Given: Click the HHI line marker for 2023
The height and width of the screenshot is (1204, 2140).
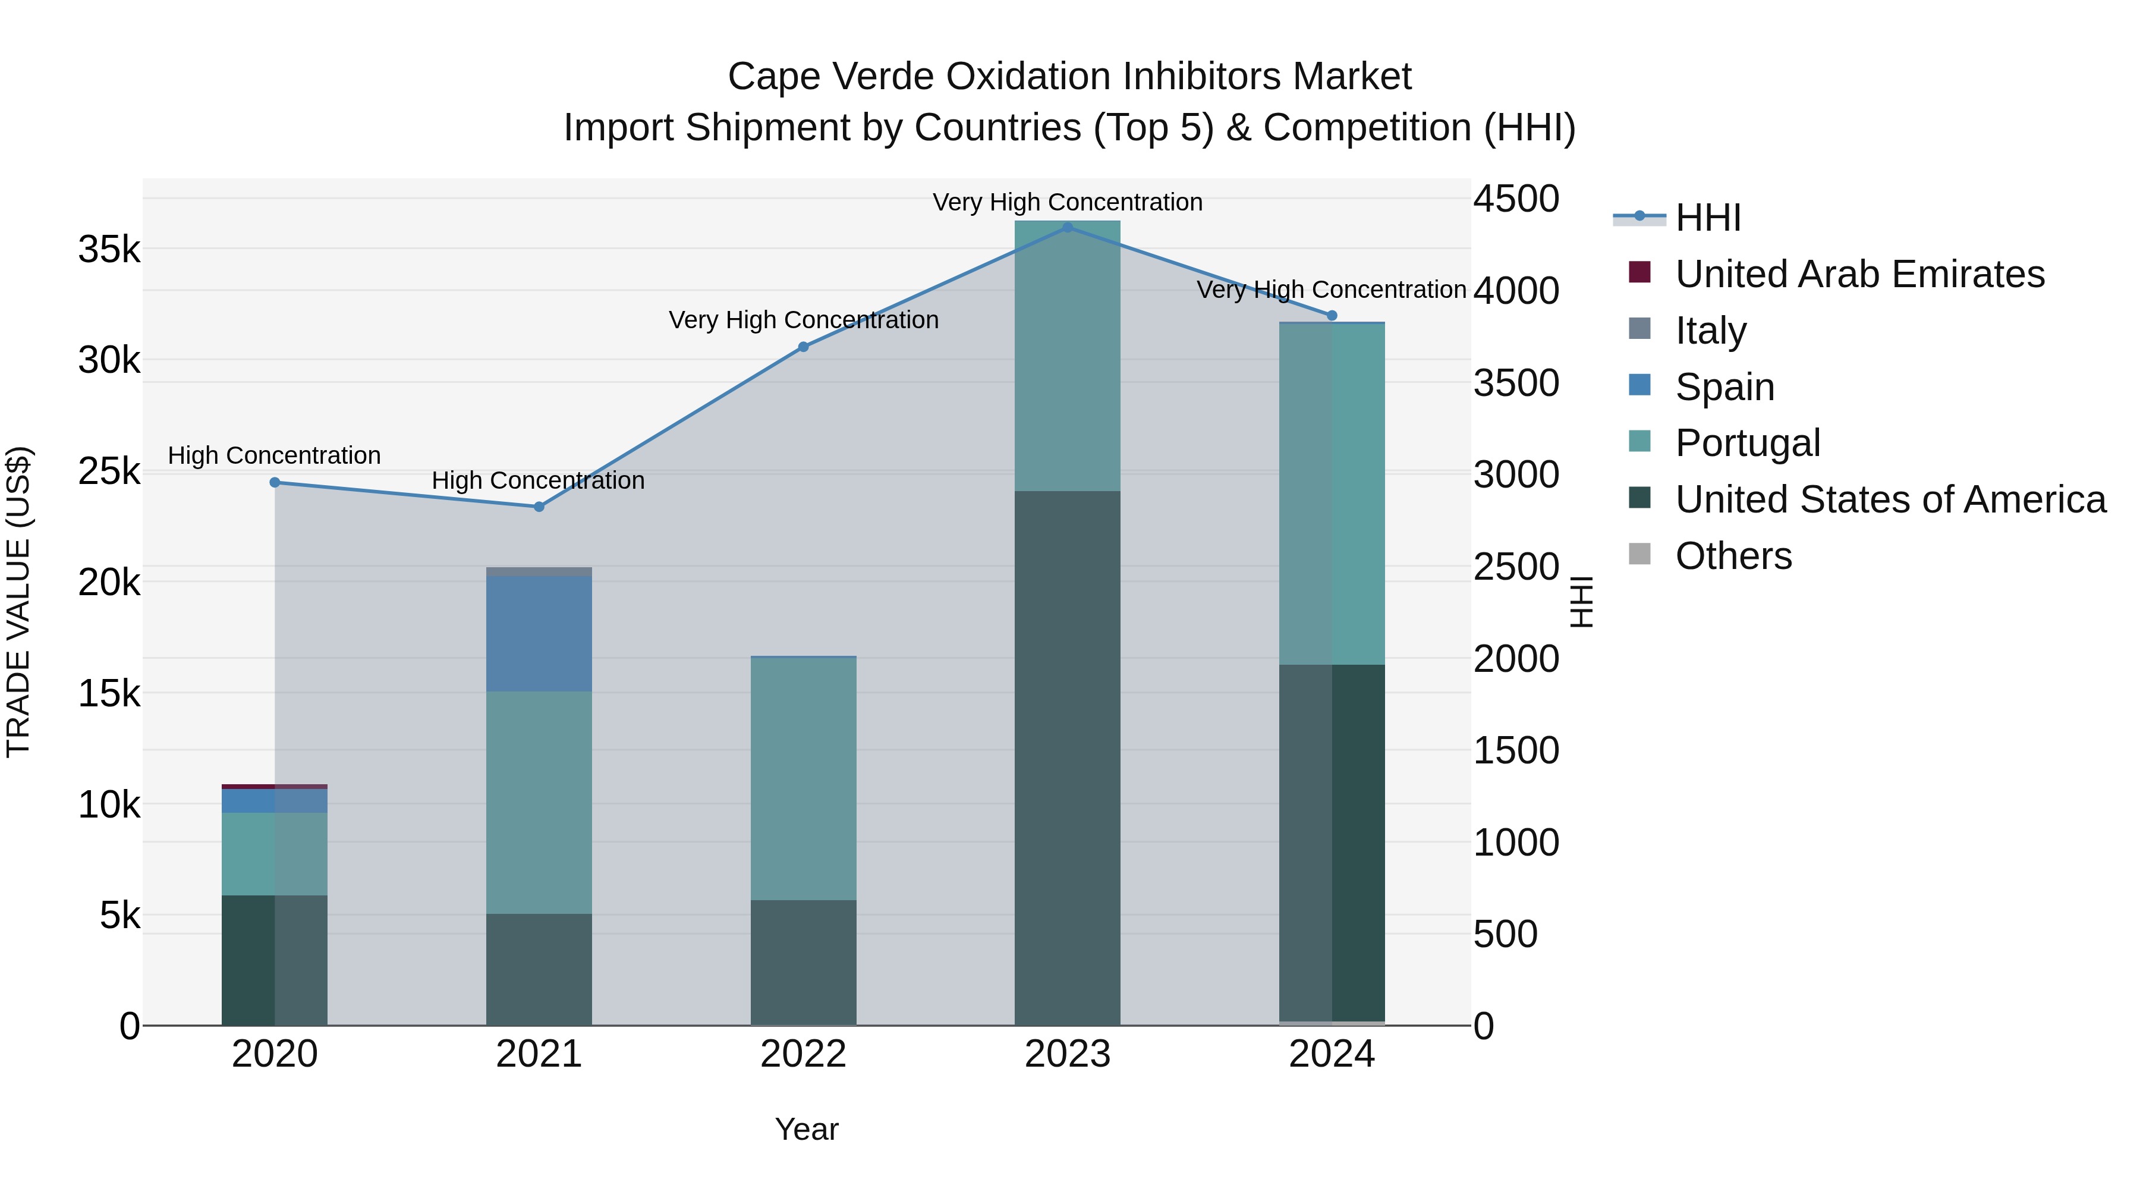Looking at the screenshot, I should point(1068,227).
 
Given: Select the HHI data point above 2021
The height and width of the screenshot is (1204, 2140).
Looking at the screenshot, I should point(539,506).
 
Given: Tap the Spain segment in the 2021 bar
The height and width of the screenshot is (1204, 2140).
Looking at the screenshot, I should point(539,633).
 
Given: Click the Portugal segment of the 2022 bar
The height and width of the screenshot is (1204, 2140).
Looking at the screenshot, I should point(802,778).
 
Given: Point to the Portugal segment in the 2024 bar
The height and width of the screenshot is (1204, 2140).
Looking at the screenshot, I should point(1331,493).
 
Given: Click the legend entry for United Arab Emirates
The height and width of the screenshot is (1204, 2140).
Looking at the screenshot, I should point(1859,274).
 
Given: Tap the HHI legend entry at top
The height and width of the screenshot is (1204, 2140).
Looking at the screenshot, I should point(1707,218).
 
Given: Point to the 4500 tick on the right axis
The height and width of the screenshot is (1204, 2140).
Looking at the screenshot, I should point(1516,199).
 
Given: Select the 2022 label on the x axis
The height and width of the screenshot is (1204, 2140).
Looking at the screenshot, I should point(802,1054).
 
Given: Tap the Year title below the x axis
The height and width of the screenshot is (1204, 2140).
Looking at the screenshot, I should point(806,1129).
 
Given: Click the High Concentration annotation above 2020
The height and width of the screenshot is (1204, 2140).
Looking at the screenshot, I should point(274,455).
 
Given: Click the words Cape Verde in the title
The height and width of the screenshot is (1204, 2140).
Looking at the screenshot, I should point(831,77).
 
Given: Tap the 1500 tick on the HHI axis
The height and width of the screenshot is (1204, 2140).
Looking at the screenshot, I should point(1516,750).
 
